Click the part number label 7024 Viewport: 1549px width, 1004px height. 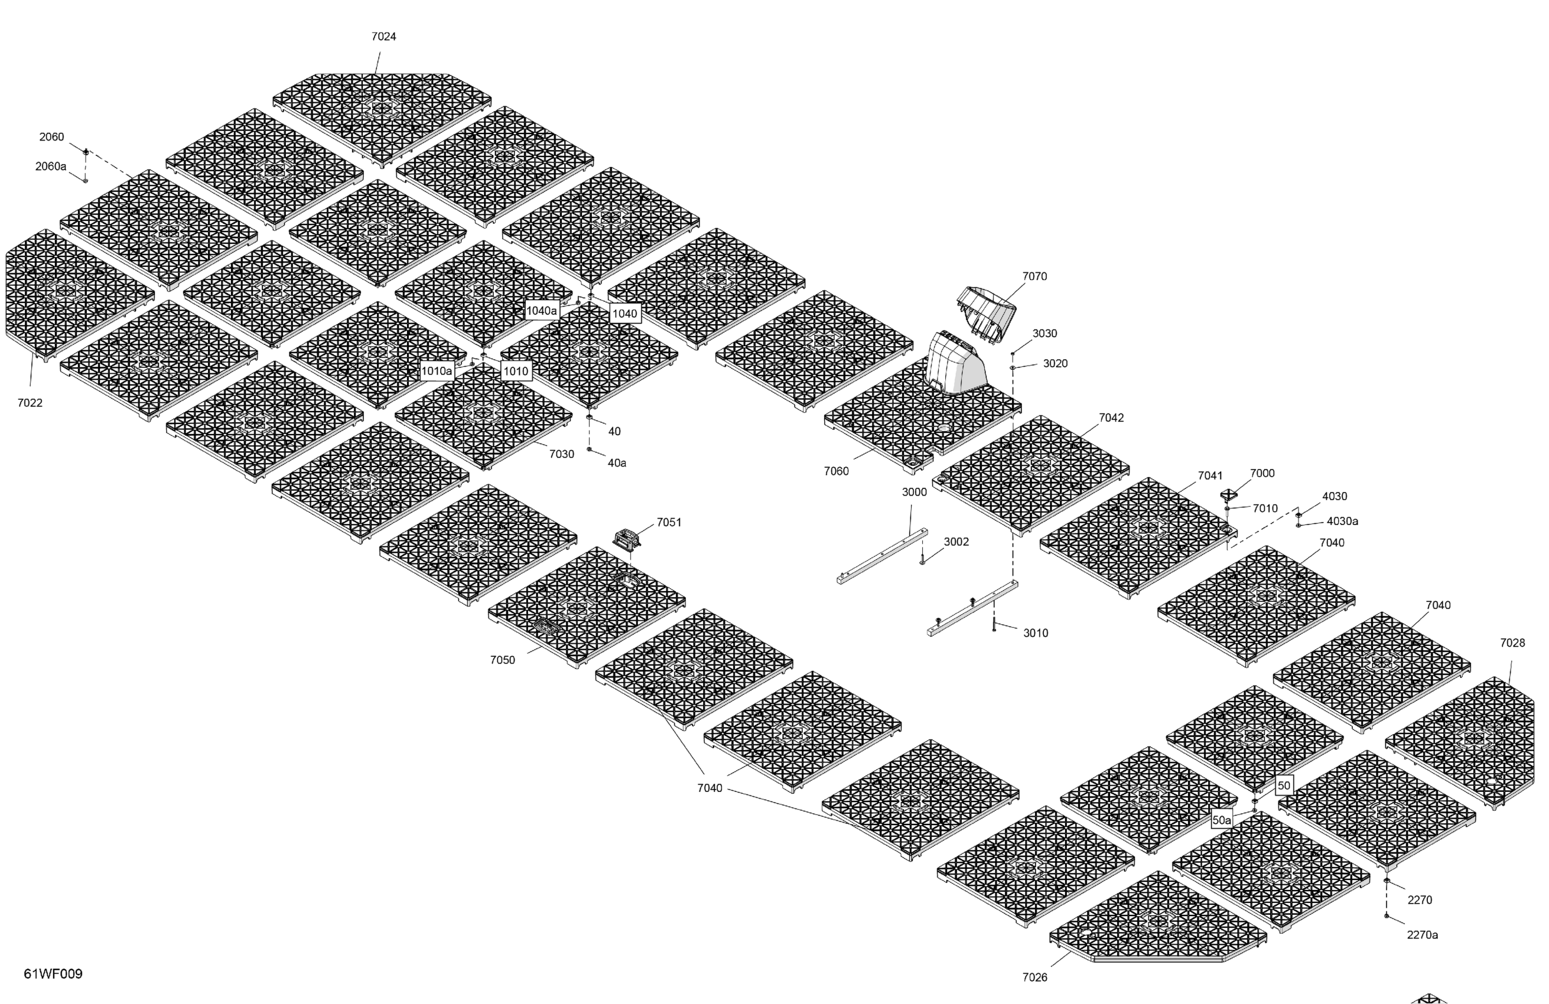click(x=383, y=37)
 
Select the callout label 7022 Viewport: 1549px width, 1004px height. click(x=30, y=403)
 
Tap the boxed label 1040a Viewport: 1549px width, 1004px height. click(x=542, y=311)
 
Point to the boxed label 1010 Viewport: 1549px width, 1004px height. click(x=516, y=371)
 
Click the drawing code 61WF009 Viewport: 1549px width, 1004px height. click(x=53, y=973)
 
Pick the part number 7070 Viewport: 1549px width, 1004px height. click(x=1034, y=276)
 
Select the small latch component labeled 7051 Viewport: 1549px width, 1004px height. click(x=627, y=539)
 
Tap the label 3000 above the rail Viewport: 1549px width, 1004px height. click(x=914, y=492)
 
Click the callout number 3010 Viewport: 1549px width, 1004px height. click(x=1036, y=633)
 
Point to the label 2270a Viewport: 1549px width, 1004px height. click(x=1422, y=934)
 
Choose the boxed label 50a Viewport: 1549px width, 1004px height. click(x=1222, y=820)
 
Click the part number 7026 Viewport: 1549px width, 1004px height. click(x=1035, y=977)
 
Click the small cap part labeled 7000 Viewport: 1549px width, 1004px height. click(x=1228, y=495)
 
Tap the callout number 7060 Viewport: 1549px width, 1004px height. click(x=837, y=471)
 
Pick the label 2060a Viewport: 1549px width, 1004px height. click(x=51, y=166)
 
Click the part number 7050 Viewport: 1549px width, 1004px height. click(x=502, y=660)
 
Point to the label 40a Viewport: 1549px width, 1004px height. click(x=616, y=462)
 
